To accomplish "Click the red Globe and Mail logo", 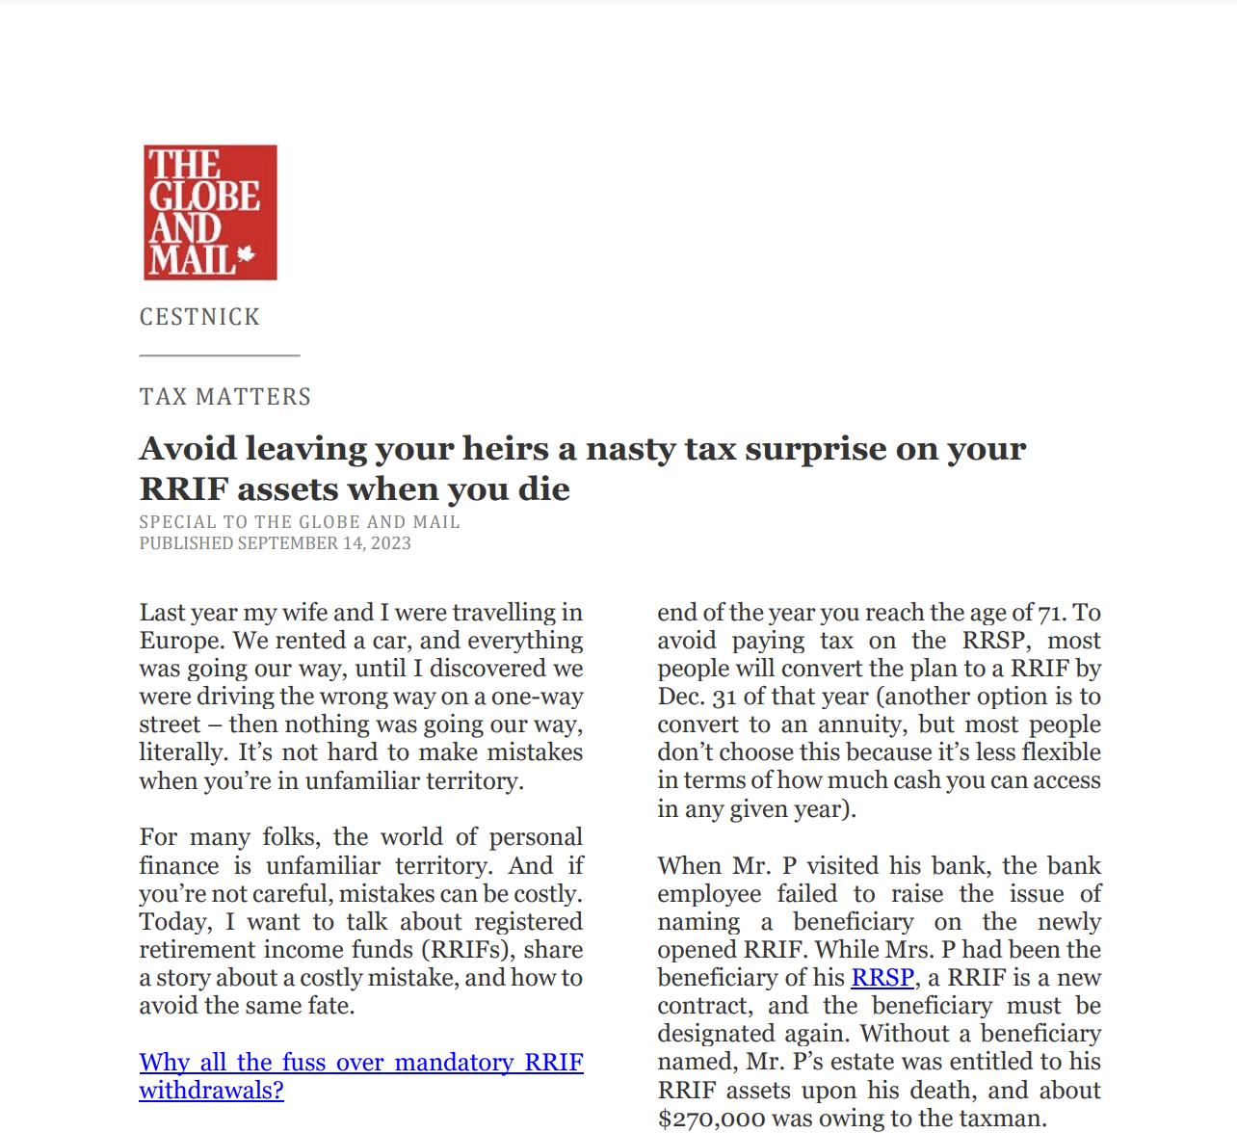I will click(x=210, y=212).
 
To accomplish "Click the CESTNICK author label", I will click(x=199, y=317).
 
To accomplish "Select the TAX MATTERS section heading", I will click(x=225, y=397).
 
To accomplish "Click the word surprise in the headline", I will click(x=806, y=449).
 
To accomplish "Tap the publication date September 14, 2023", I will click(x=324, y=543).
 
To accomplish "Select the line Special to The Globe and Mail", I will click(x=300, y=522).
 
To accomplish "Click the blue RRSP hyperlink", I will click(x=882, y=978).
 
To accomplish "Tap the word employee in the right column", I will click(x=709, y=894).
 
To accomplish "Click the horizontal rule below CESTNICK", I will click(x=220, y=356).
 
